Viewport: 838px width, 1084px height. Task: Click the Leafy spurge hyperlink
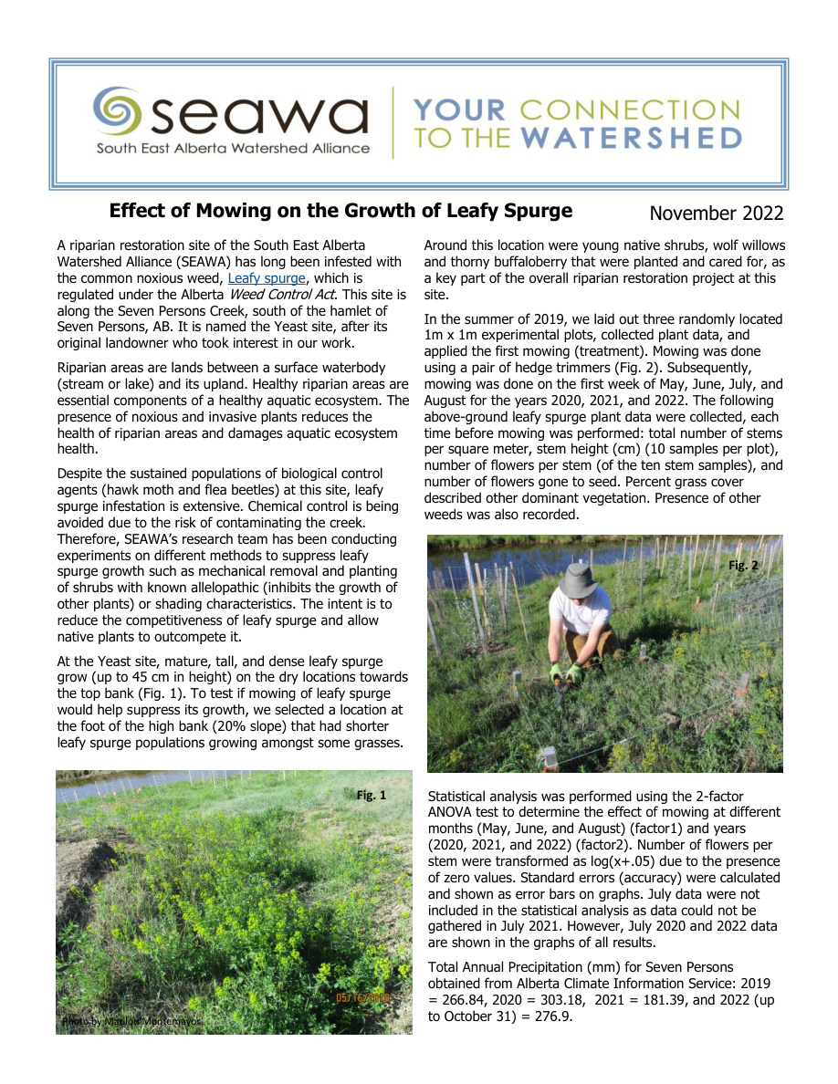pyautogui.click(x=267, y=277)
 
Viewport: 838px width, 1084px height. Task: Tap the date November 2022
pyautogui.click(x=716, y=214)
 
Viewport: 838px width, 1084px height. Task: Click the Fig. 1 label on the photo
pyautogui.click(x=371, y=796)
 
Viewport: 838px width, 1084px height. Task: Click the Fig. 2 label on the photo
pyautogui.click(x=742, y=566)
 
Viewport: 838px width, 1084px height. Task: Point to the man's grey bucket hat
pyautogui.click(x=578, y=580)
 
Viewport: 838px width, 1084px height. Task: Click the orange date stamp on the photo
pyautogui.click(x=362, y=997)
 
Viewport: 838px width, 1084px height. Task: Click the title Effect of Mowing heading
pyautogui.click(x=340, y=211)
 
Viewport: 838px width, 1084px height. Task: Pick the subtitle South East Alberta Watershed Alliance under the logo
pyautogui.click(x=233, y=149)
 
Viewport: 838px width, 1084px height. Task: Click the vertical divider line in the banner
pyautogui.click(x=393, y=122)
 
